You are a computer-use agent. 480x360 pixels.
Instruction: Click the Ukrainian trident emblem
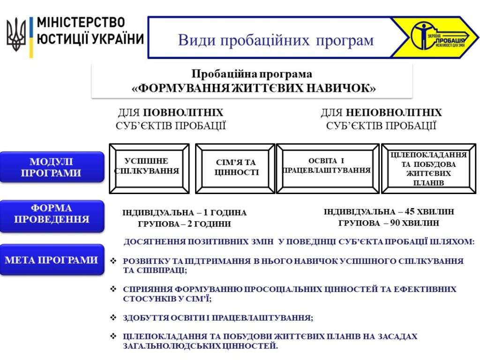coord(16,34)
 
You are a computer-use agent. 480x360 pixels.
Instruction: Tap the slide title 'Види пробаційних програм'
coord(276,40)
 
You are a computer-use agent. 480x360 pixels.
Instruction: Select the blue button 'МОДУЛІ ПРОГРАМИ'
coord(52,167)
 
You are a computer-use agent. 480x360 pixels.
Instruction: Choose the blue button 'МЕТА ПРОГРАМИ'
coord(52,260)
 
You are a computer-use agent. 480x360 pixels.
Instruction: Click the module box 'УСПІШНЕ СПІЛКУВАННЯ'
coord(150,168)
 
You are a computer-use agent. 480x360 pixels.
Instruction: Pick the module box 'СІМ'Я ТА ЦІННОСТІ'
coord(235,168)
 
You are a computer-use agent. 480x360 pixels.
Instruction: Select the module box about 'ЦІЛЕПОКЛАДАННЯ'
coord(428,168)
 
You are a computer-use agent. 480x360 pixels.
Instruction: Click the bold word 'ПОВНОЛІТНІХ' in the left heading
coord(183,112)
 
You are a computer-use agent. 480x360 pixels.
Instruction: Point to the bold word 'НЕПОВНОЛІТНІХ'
coord(394,112)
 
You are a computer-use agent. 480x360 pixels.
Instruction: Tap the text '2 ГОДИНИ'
coord(209,224)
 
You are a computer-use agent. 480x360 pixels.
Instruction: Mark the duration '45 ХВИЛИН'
coord(429,211)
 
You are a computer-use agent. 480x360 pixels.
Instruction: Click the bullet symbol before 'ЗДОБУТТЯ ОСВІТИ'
coord(113,317)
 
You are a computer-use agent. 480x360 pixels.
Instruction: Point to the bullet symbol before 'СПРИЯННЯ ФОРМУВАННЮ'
coord(113,289)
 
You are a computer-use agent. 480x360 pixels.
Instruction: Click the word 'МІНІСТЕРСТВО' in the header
coord(81,22)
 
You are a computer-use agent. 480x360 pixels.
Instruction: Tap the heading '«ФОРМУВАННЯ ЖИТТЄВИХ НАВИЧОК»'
coord(254,88)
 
